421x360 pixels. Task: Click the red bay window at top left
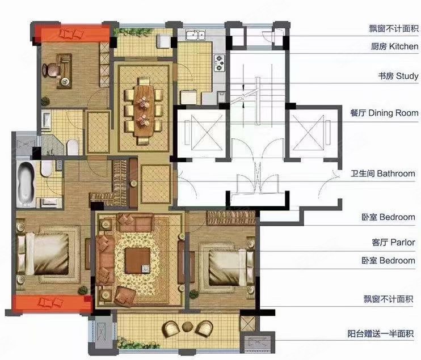tap(71, 35)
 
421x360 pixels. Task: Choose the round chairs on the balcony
tap(187, 328)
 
